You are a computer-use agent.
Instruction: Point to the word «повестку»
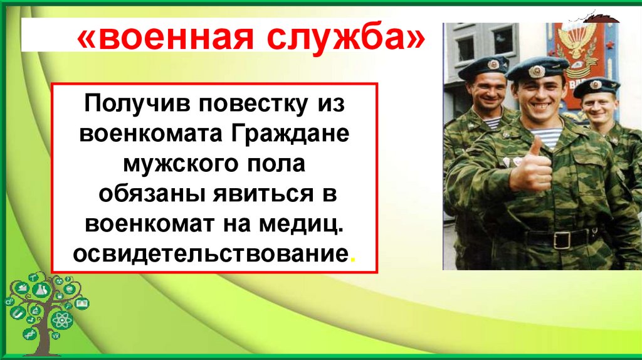pos(253,103)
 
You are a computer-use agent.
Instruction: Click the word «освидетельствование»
pos(210,254)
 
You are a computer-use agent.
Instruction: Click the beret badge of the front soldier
pos(537,71)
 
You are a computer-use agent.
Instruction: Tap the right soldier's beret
pos(596,86)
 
